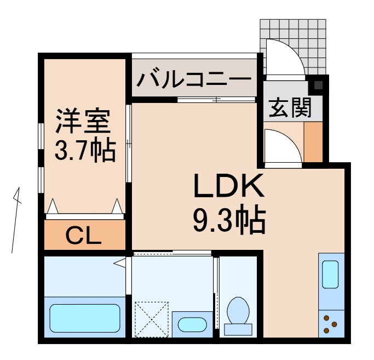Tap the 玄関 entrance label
click(x=289, y=108)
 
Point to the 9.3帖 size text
click(x=228, y=220)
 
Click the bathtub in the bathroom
click(x=84, y=317)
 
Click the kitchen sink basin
click(x=331, y=274)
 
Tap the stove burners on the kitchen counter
click(x=331, y=324)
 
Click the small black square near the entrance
click(x=318, y=85)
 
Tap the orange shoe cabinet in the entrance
click(x=313, y=142)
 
